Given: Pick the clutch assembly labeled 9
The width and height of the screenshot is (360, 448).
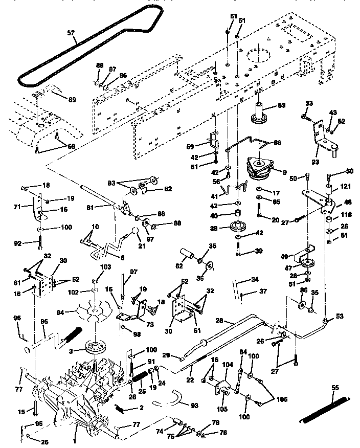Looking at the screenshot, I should tap(261, 170).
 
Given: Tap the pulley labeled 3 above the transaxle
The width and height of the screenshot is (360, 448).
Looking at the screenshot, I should tap(95, 347).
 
